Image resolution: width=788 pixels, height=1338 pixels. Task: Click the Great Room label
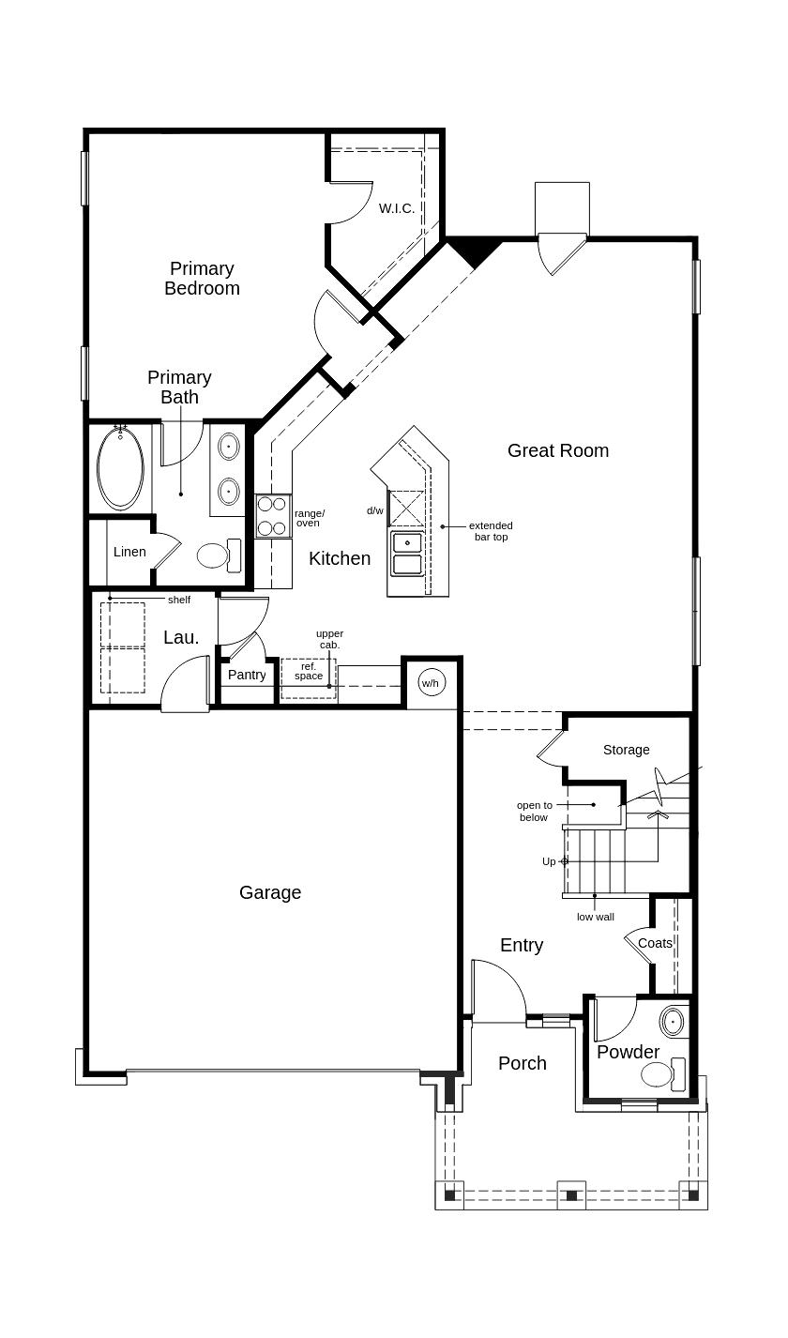point(558,450)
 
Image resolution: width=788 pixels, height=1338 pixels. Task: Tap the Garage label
point(270,892)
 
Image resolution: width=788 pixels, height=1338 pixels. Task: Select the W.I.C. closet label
point(397,208)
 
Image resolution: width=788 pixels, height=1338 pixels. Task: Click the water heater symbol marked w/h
point(431,683)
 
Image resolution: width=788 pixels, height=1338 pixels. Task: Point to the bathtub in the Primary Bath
point(120,466)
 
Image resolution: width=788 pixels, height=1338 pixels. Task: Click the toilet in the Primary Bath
point(220,555)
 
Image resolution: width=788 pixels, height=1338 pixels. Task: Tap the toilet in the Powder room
point(663,1073)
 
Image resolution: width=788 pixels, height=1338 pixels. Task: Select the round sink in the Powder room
point(673,1023)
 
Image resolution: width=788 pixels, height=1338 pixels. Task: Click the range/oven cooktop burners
point(273,516)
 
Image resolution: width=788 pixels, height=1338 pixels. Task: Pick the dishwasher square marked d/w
point(406,508)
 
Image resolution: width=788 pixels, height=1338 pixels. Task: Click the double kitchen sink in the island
point(407,555)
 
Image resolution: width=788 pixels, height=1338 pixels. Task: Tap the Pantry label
point(247,675)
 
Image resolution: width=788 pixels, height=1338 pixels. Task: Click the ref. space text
point(309,671)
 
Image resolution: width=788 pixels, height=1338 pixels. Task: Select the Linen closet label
point(129,552)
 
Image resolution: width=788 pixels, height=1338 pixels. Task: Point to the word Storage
point(626,750)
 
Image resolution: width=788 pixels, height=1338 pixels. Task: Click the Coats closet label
point(655,943)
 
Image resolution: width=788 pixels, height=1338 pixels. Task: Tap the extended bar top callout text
point(491,531)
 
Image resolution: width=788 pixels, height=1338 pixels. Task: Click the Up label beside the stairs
point(549,861)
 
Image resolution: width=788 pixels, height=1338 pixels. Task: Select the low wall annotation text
point(595,917)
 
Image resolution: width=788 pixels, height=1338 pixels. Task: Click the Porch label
point(523,1063)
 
